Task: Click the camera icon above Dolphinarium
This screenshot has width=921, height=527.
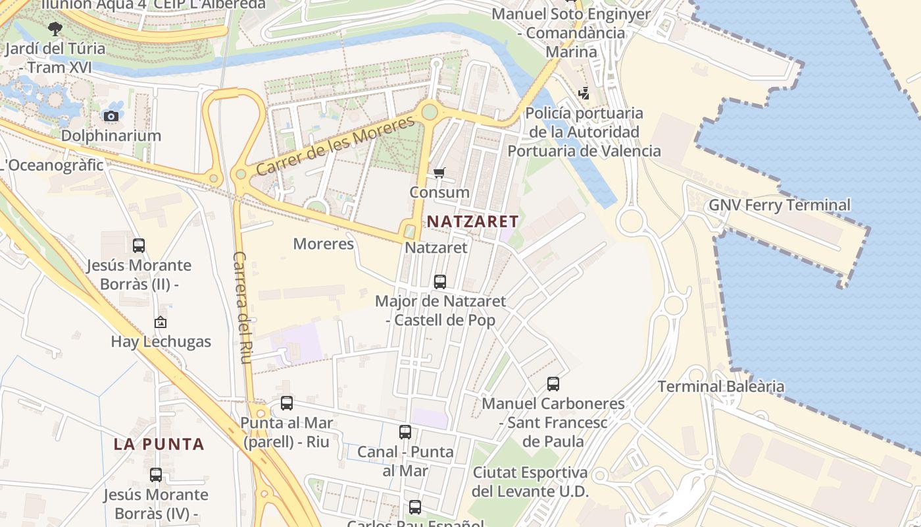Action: tap(111, 117)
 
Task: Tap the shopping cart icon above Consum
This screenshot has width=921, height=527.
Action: tap(439, 173)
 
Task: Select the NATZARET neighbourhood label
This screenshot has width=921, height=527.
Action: tap(473, 221)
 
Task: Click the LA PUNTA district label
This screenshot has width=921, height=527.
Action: tap(159, 444)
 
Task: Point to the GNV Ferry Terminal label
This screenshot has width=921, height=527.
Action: tap(780, 205)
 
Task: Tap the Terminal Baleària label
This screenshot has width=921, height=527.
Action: tap(721, 386)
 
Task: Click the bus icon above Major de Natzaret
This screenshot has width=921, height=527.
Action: tap(440, 282)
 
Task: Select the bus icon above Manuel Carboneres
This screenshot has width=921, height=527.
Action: tap(553, 384)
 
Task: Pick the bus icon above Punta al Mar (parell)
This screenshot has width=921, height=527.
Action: tap(287, 403)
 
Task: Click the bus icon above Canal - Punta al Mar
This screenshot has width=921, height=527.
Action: tap(405, 433)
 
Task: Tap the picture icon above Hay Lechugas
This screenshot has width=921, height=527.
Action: tap(161, 322)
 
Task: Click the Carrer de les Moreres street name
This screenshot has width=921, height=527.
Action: tap(336, 146)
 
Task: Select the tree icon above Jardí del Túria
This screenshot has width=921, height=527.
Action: tap(55, 29)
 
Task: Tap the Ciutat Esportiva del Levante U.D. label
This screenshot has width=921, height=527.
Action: tap(530, 482)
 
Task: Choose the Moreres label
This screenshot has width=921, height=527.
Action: tap(323, 244)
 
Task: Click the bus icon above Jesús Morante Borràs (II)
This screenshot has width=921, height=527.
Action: tap(139, 246)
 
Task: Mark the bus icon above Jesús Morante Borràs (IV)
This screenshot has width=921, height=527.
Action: tap(156, 474)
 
